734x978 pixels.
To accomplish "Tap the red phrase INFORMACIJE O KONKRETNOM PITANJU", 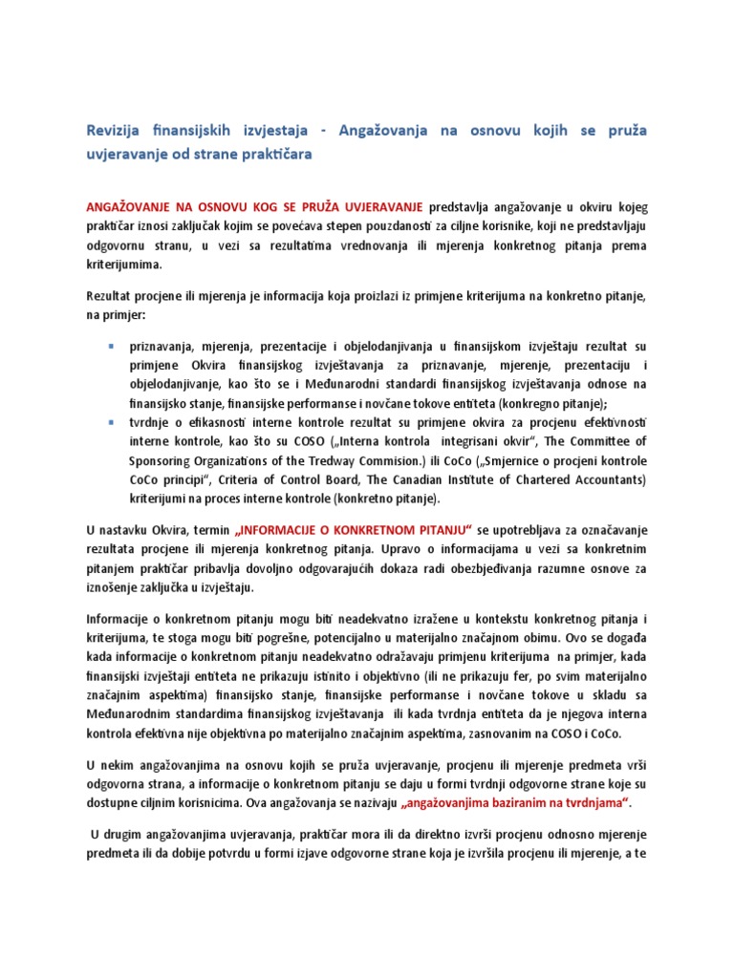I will [354, 530].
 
